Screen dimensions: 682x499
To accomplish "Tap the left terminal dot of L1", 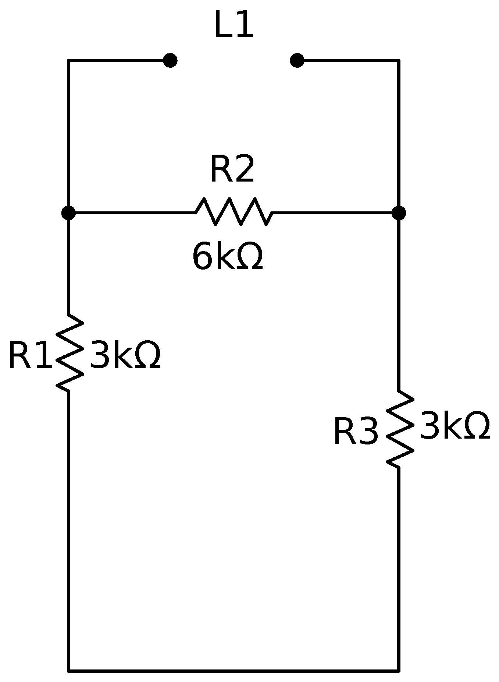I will [170, 60].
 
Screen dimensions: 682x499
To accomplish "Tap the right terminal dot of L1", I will [297, 60].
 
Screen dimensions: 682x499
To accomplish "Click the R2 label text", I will [232, 169].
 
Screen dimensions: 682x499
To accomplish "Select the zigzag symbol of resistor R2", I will [234, 212].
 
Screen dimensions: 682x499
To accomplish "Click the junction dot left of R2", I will [68, 213].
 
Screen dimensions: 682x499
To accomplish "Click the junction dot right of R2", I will [399, 213].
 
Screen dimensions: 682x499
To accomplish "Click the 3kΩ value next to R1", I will [125, 355].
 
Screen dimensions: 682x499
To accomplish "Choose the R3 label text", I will [356, 432].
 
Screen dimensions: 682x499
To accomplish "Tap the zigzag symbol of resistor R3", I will [400, 429].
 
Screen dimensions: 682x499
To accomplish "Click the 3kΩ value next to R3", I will [455, 426].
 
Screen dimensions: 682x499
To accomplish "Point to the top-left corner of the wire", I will [68, 60].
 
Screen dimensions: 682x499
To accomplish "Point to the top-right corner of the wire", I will [399, 60].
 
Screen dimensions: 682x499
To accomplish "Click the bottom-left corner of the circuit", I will [68, 670].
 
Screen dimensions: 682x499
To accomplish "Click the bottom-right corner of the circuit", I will [399, 670].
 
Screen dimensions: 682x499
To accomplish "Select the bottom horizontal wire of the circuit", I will [234, 670].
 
